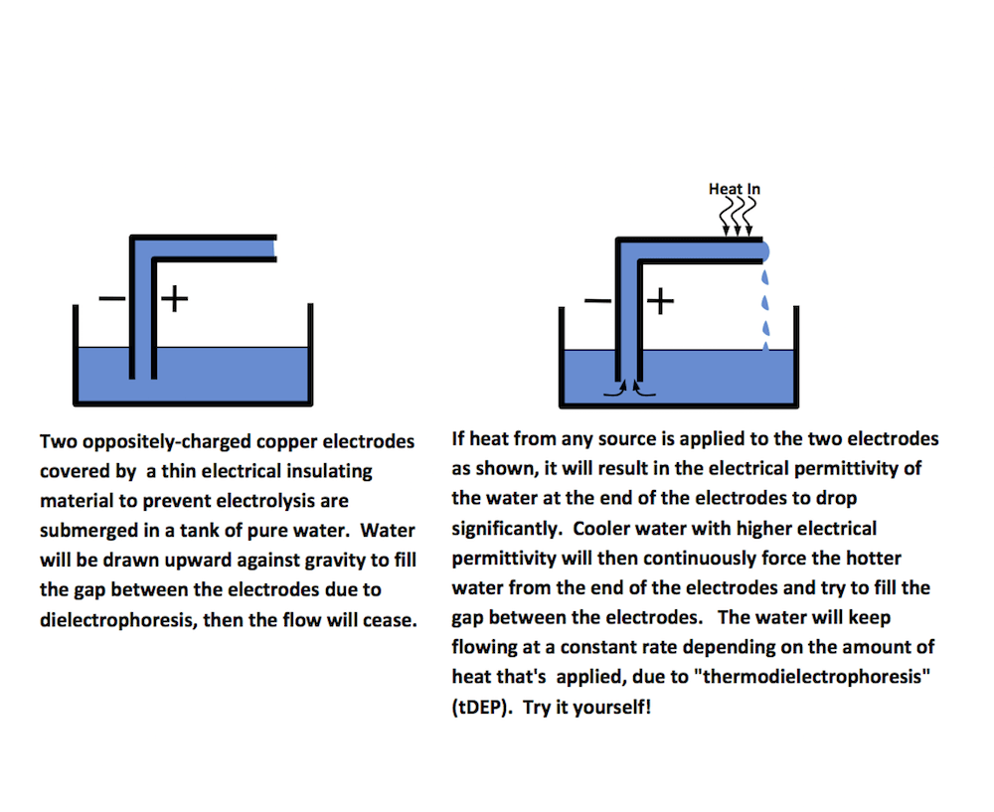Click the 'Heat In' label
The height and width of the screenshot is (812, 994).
[735, 189]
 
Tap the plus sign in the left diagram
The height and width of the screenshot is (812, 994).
[175, 298]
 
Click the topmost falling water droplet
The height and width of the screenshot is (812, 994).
[764, 274]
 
